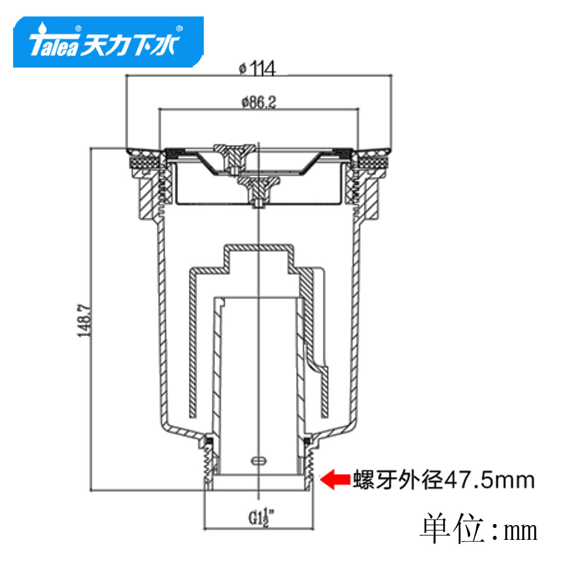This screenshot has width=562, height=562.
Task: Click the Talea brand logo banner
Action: pyautogui.click(x=108, y=42)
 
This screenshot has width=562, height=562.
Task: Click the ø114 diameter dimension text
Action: pyautogui.click(x=257, y=68)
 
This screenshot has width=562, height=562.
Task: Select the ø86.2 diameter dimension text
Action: pyautogui.click(x=259, y=102)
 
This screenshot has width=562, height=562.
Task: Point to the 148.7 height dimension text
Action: pyautogui.click(x=85, y=320)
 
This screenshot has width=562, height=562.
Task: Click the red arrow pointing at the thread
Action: pyautogui.click(x=335, y=479)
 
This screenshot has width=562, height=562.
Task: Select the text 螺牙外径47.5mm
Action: pyautogui.click(x=444, y=480)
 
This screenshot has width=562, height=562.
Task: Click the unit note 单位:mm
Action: pyautogui.click(x=479, y=530)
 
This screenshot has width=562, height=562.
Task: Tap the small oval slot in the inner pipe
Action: pyautogui.click(x=259, y=460)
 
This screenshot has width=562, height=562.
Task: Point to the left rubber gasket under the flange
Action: pyautogui.click(x=145, y=160)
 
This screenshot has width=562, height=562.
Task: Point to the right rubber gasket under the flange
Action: pyautogui.click(x=371, y=160)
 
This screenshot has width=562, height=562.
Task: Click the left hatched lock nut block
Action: pyautogui.click(x=149, y=195)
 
